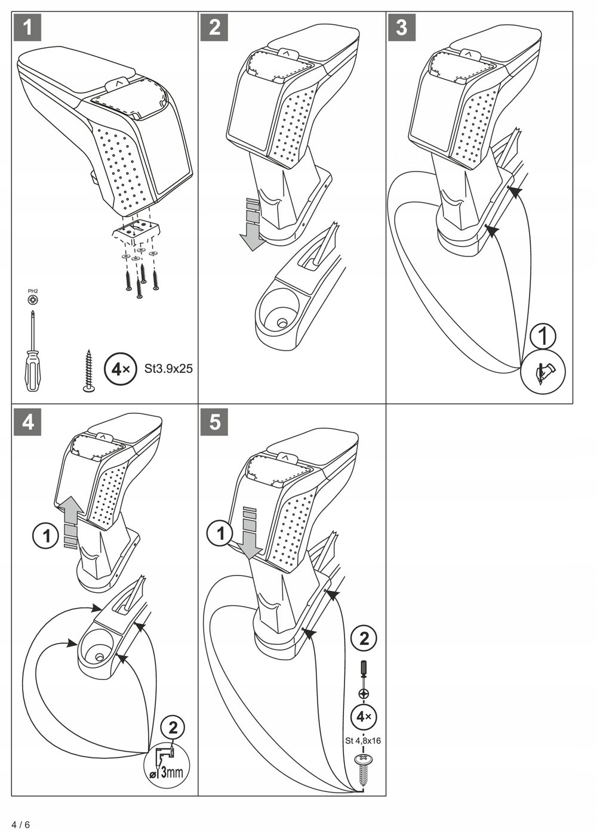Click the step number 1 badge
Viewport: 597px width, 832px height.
[27, 27]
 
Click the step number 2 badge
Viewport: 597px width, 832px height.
[214, 27]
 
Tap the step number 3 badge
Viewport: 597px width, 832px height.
[402, 27]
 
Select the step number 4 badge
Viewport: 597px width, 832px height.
[27, 422]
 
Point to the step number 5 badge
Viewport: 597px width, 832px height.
[214, 422]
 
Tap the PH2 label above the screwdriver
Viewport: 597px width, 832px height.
[32, 291]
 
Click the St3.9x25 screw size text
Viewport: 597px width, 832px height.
[168, 369]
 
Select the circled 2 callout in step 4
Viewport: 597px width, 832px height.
[173, 728]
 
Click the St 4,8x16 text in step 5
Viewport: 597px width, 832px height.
[363, 741]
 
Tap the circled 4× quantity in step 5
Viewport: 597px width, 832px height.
[364, 716]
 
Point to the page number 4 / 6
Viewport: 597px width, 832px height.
[20, 824]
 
